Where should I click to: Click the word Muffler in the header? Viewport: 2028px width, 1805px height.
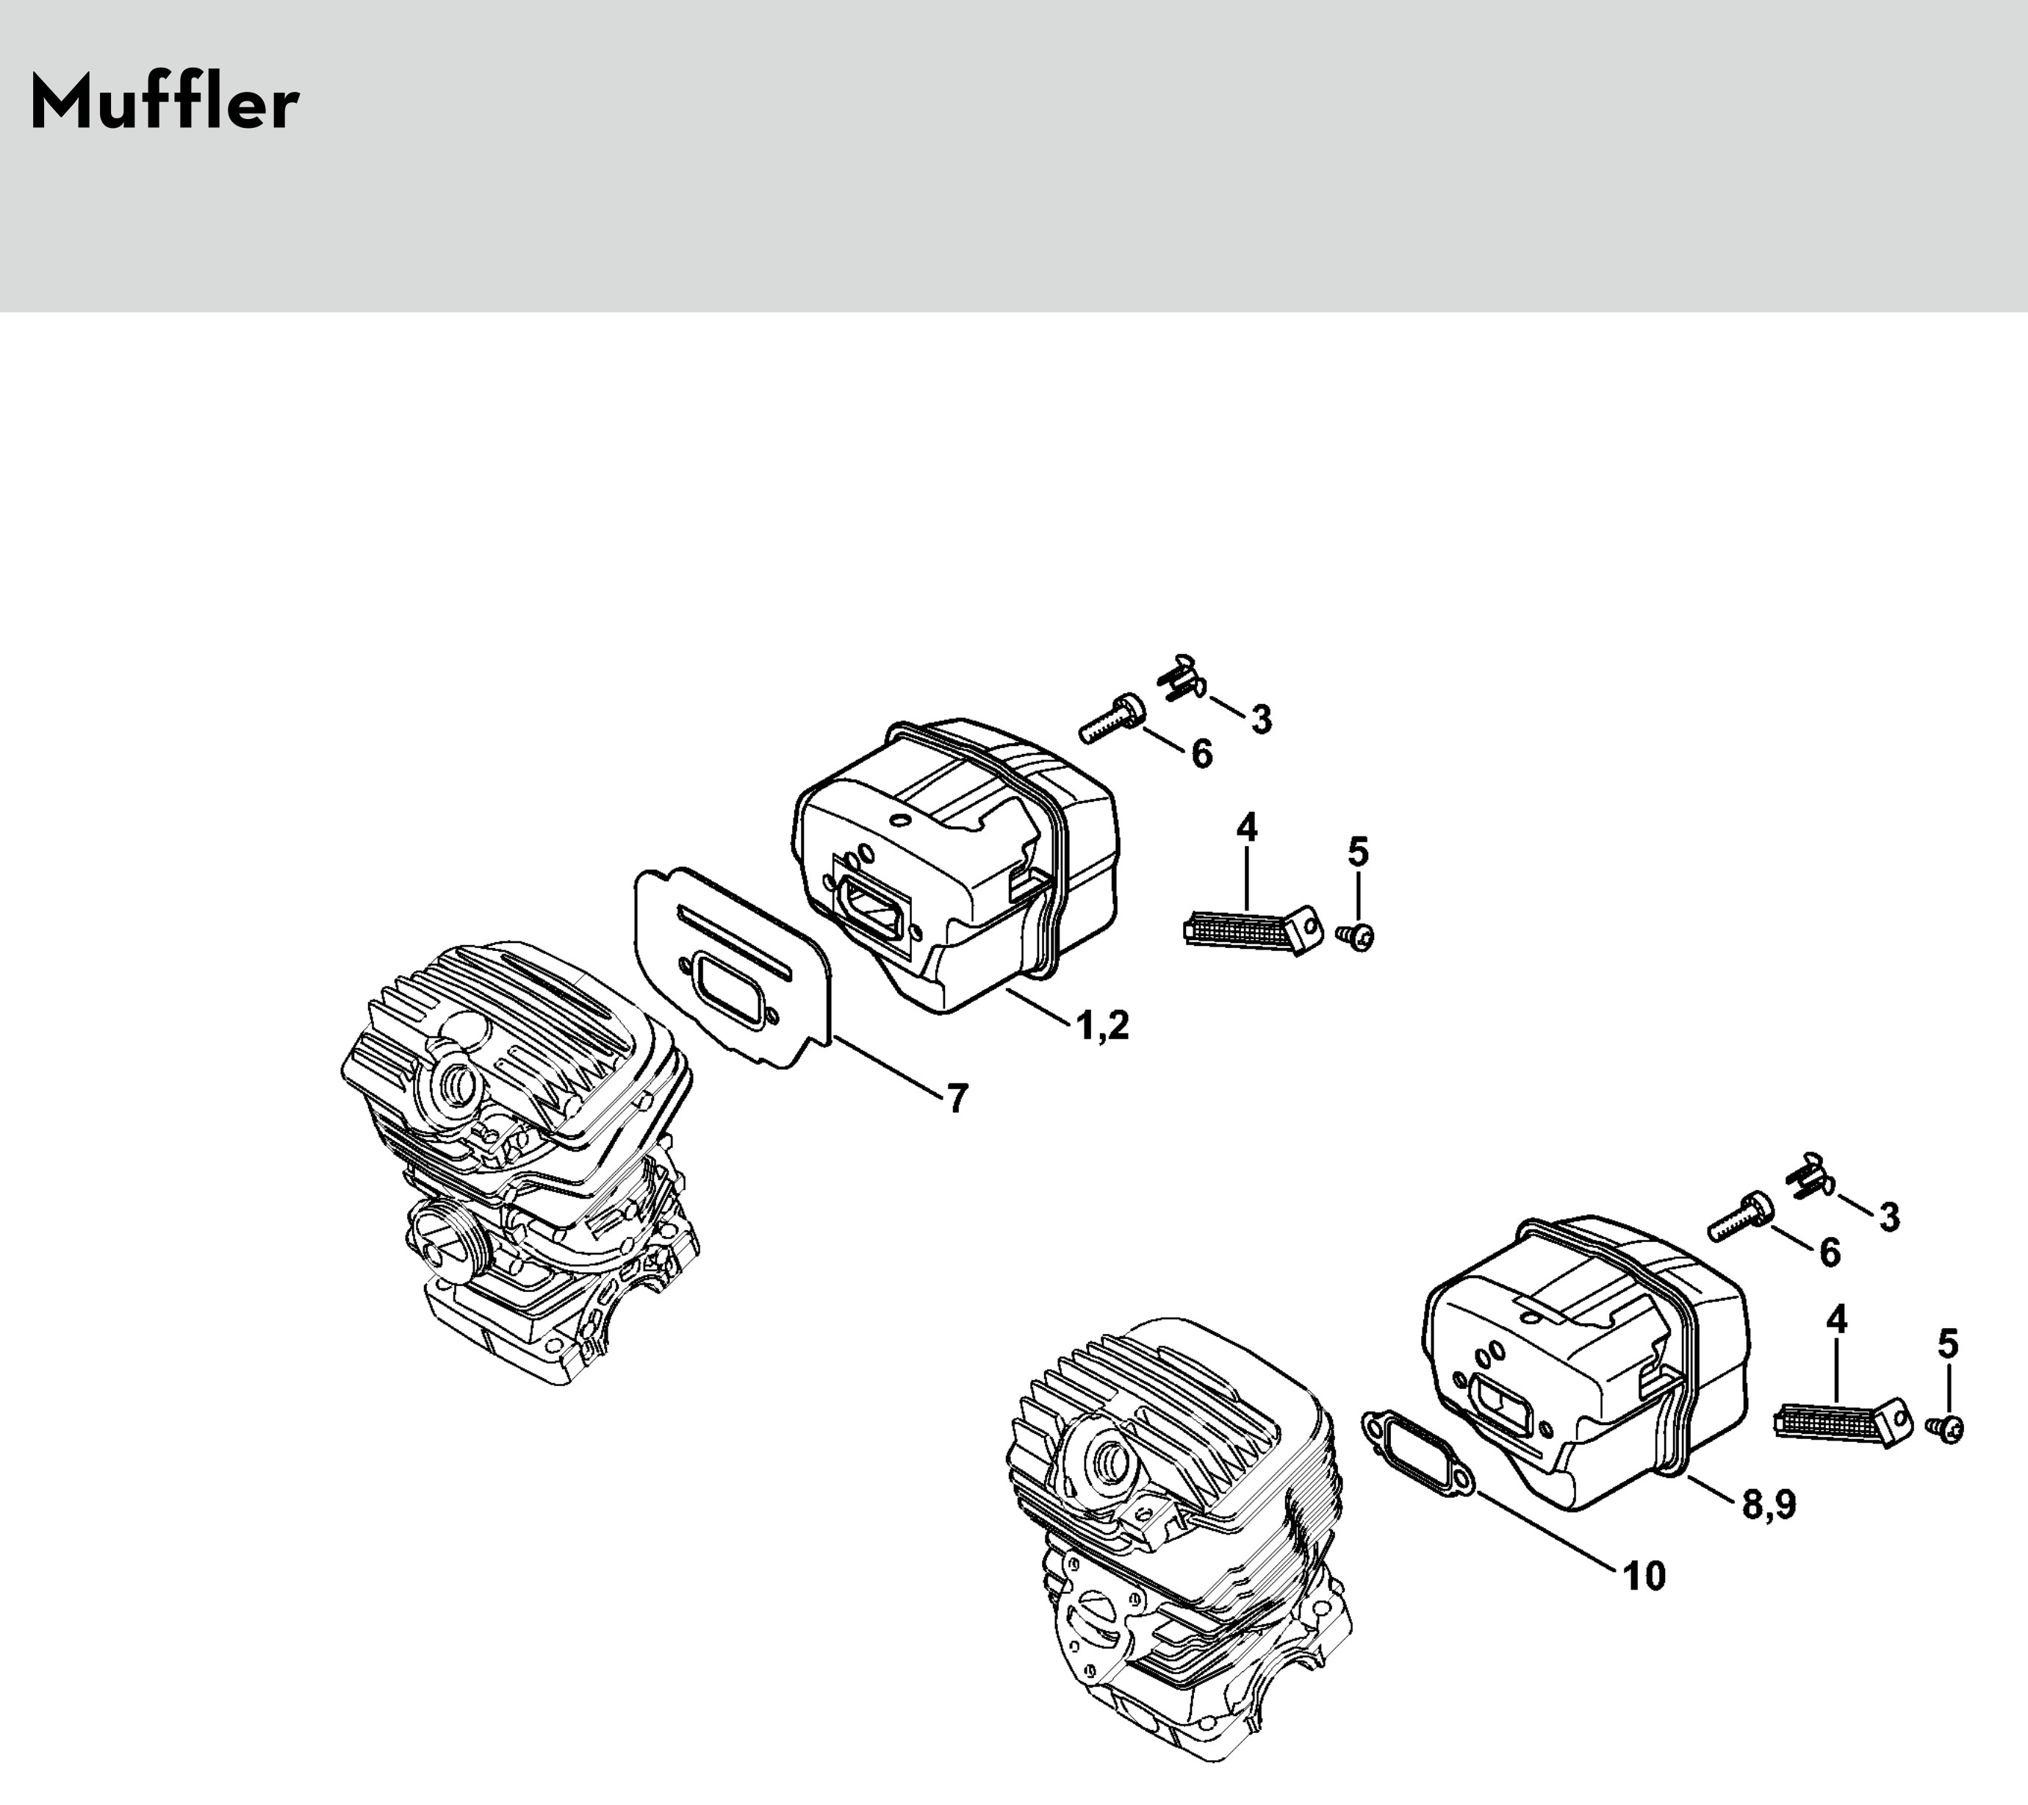pyautogui.click(x=165, y=102)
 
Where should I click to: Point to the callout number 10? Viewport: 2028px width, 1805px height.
pyautogui.click(x=1644, y=1576)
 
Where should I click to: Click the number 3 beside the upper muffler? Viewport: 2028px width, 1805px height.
pyautogui.click(x=1260, y=720)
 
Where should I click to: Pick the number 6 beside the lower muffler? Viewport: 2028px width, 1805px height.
pyautogui.click(x=1830, y=1252)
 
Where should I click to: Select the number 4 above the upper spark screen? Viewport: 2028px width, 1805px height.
pyautogui.click(x=1246, y=828)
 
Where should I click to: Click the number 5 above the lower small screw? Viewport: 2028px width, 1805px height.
pyautogui.click(x=1948, y=1345)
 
